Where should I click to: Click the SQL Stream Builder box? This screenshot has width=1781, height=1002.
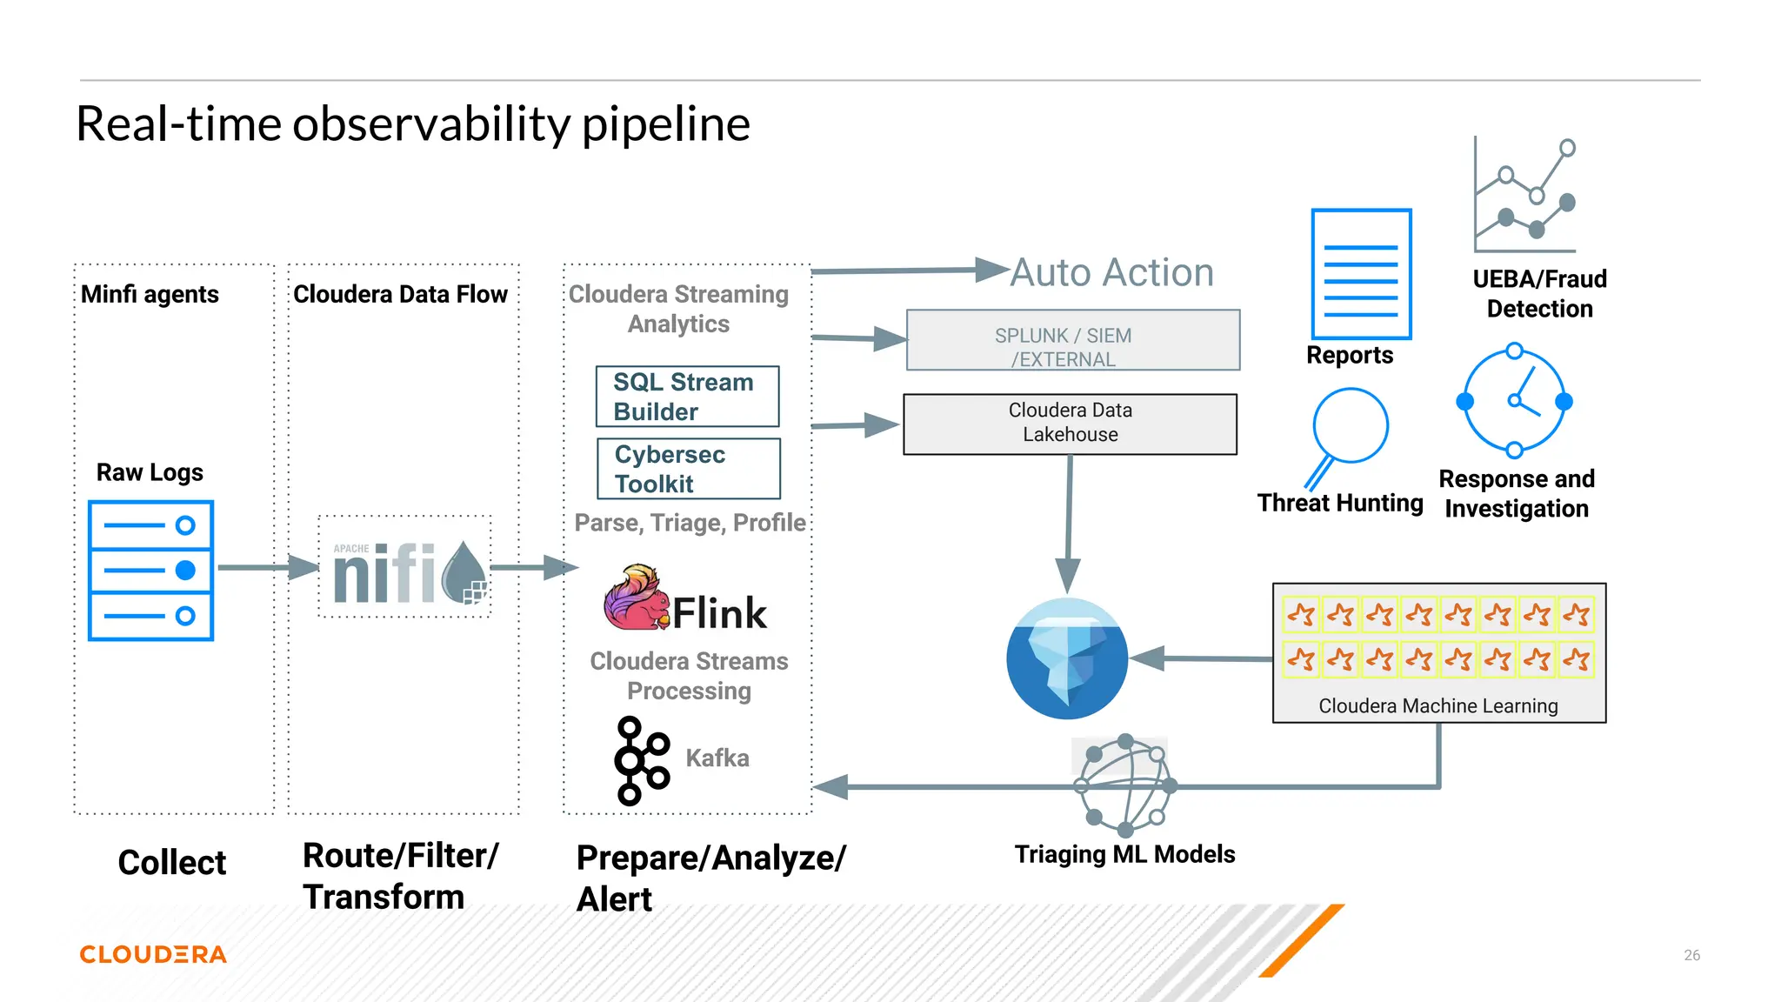click(x=687, y=397)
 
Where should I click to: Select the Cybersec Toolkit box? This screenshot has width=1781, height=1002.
click(x=688, y=469)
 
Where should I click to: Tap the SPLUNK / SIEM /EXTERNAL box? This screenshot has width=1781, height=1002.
click(x=1072, y=340)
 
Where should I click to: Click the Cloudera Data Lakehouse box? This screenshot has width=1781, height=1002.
click(x=1070, y=424)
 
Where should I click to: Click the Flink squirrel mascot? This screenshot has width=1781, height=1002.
click(x=635, y=598)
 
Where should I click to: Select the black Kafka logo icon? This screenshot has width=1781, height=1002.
click(x=641, y=760)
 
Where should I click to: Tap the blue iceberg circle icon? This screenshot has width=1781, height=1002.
click(x=1067, y=658)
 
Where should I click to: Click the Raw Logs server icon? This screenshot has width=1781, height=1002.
click(x=150, y=571)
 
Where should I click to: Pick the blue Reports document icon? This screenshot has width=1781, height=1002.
click(x=1361, y=274)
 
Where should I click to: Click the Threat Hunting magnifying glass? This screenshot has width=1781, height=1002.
click(x=1346, y=434)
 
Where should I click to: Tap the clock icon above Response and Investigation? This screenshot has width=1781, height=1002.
click(x=1514, y=401)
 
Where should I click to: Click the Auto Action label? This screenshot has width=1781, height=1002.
click(x=1111, y=273)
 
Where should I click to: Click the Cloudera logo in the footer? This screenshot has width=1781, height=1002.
click(x=153, y=954)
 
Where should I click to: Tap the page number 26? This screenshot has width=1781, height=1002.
click(x=1691, y=955)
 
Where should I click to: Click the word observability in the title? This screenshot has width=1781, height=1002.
click(x=431, y=124)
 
